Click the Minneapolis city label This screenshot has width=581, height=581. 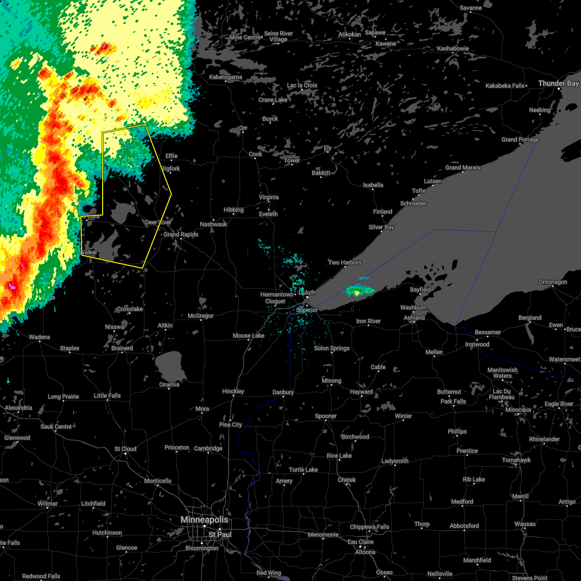[x=204, y=520]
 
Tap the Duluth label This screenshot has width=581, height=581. [x=307, y=292]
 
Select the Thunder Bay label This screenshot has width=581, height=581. [x=558, y=84]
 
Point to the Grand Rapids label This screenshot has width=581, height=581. [x=181, y=234]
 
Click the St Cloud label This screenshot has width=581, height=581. [x=125, y=449]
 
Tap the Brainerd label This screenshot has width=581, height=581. [x=122, y=348]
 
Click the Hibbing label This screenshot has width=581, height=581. [x=233, y=210]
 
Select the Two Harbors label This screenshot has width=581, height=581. [x=345, y=262]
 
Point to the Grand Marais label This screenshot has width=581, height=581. [x=463, y=168]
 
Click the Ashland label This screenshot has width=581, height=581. [x=414, y=318]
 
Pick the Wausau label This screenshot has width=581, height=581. [x=525, y=524]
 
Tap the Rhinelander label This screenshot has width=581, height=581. [x=544, y=439]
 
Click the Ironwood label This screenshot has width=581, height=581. [x=477, y=344]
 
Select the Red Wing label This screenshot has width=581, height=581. [x=268, y=573]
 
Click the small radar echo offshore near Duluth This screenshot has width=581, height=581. [x=359, y=290]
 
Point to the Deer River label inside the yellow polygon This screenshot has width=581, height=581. [x=158, y=222]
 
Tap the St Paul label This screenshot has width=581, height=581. [x=220, y=535]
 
